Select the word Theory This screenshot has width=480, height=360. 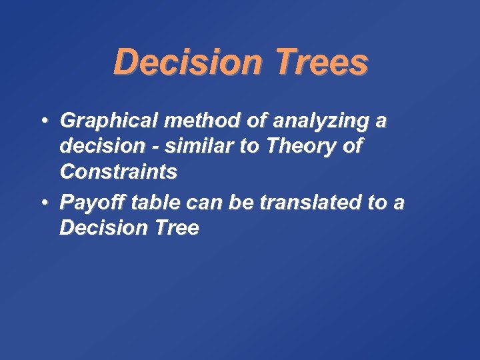(301, 147)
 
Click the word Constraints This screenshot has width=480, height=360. (119, 172)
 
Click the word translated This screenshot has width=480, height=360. (300, 202)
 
